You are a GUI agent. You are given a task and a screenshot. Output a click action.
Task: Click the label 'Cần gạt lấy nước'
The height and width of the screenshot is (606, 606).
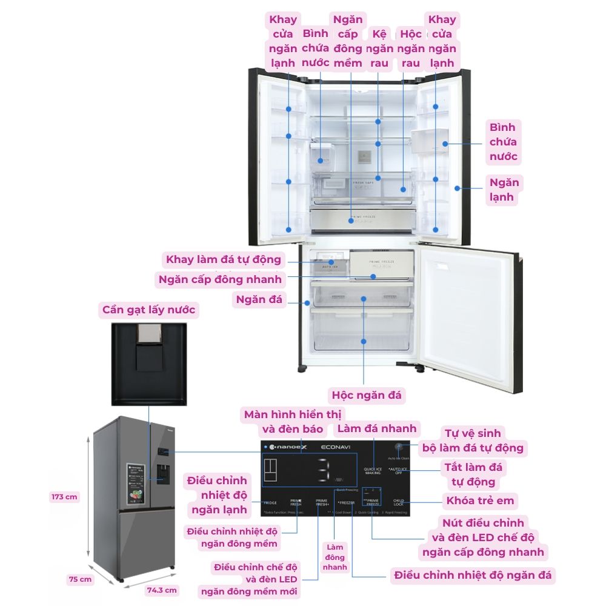pos(148,310)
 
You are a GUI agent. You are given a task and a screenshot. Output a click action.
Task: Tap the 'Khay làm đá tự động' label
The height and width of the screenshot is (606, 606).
pos(224,260)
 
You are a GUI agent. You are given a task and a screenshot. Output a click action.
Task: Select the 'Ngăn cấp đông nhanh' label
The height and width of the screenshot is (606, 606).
pos(220,279)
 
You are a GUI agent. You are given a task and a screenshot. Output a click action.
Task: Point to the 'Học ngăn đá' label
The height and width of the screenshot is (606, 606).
pos(366,395)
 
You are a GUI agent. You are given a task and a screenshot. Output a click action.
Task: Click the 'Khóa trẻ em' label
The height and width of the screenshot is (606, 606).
pos(480,501)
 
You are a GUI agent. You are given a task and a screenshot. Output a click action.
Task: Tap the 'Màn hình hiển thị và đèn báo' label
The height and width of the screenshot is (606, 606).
pos(293,422)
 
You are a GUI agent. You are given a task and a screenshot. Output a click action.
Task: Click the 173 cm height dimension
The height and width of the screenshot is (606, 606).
pos(64,497)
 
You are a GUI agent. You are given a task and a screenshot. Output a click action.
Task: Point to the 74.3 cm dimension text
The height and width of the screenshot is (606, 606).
pos(162,590)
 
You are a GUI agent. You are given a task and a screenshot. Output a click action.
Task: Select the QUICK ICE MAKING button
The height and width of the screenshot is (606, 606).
pos(372,471)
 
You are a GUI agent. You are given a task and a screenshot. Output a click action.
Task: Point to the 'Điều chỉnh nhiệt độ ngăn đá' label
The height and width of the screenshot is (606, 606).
pos(473,574)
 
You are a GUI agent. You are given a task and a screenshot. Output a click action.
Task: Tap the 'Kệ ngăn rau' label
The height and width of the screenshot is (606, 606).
pos(379,48)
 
